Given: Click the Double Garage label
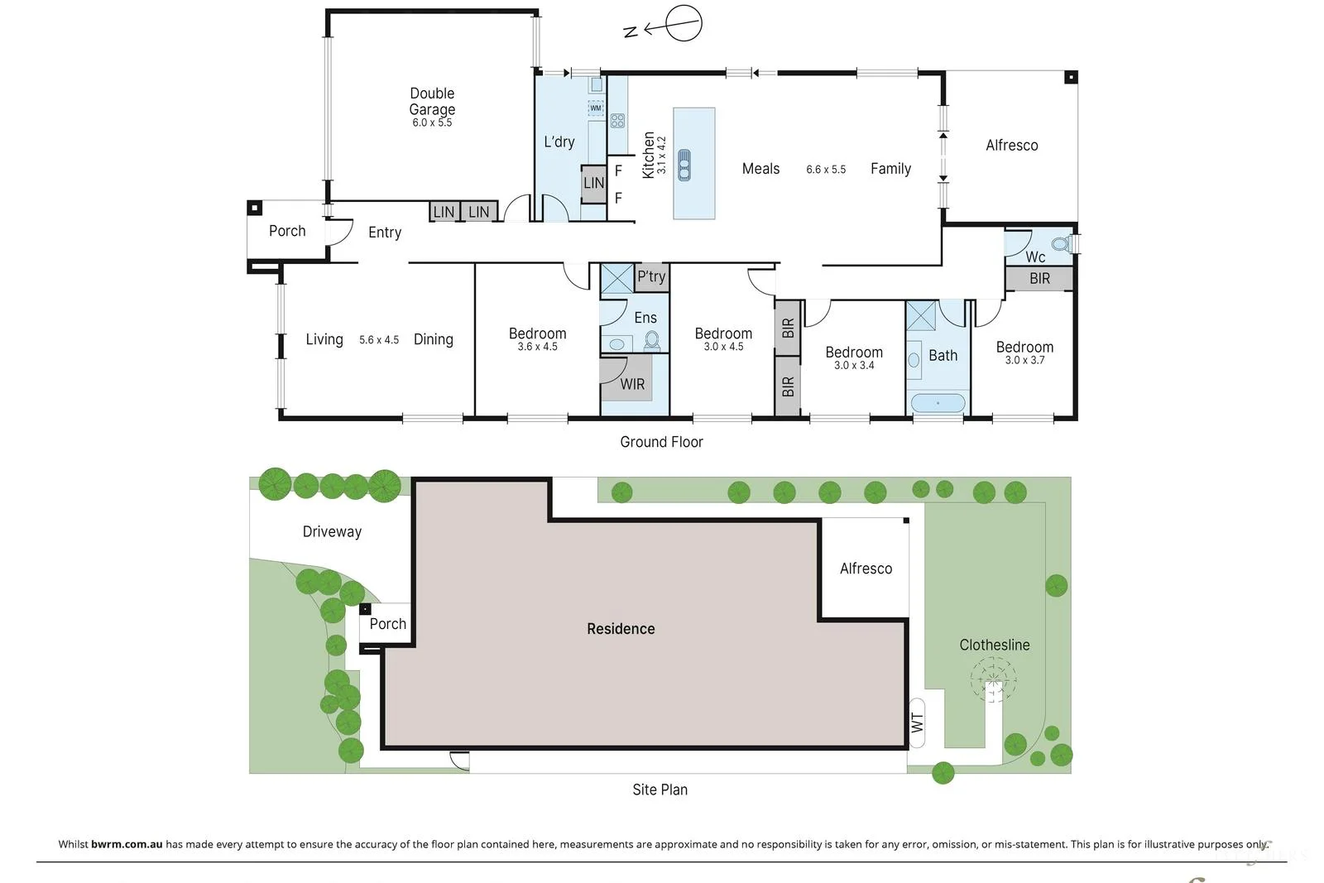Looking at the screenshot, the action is coord(432,101).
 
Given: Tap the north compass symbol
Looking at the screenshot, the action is coord(664,25).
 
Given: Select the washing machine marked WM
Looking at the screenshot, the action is coord(596,108).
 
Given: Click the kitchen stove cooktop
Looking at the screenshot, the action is coord(617,121).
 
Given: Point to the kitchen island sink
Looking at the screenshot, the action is coord(684,165).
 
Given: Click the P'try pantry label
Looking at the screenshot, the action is coord(651,276).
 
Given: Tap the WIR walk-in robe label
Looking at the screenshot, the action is coord(632,384).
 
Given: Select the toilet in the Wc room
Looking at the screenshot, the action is coord(1062,243).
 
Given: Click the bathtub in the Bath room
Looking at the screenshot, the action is coord(938,403).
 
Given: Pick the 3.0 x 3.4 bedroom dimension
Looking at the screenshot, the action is coord(854,365).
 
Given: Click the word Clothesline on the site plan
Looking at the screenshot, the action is coord(994,645).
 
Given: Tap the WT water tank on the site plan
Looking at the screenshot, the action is coord(917,722).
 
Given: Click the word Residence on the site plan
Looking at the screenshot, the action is coord(621,629).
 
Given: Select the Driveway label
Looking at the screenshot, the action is coord(332,532).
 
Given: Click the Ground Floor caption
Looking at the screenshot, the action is coord(661,442).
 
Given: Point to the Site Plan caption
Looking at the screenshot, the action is coord(660,789).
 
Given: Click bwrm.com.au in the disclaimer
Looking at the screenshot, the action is coord(127,844).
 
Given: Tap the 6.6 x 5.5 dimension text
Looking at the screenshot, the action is coord(826,170).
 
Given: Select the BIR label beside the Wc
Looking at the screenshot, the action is coord(1039,278).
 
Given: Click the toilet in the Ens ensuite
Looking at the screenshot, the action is coord(652,341).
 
